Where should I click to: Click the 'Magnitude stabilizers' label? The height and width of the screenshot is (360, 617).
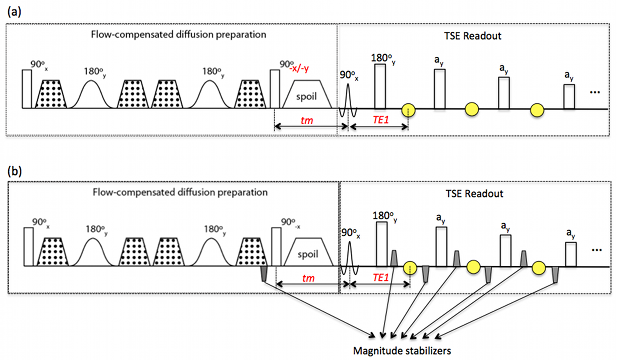[x=402, y=351]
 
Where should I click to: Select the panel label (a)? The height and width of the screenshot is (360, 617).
[x=14, y=12]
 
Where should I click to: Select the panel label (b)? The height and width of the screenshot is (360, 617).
[x=14, y=171]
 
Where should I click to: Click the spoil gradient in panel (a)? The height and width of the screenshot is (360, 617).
[x=307, y=95]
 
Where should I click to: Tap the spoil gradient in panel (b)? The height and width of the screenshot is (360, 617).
[x=308, y=253]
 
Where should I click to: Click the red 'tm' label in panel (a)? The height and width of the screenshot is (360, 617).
[x=307, y=121]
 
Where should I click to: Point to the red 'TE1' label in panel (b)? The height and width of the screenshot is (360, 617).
[x=380, y=278]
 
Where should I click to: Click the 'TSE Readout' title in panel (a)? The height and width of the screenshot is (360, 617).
[x=473, y=36]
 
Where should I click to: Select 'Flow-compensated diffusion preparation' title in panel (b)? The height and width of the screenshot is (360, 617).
[x=180, y=193]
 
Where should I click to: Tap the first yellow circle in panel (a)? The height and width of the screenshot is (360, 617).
[x=408, y=110]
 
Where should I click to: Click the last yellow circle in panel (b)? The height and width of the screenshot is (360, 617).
[x=538, y=268]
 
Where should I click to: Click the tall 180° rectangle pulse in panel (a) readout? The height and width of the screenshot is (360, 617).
[x=380, y=86]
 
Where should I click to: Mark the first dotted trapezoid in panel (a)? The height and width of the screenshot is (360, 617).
[x=51, y=95]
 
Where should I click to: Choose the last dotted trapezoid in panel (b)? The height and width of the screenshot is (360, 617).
[x=251, y=252]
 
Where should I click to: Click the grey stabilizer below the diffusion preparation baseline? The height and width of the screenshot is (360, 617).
[x=264, y=273]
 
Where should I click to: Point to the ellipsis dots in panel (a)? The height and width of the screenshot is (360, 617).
[x=595, y=93]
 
